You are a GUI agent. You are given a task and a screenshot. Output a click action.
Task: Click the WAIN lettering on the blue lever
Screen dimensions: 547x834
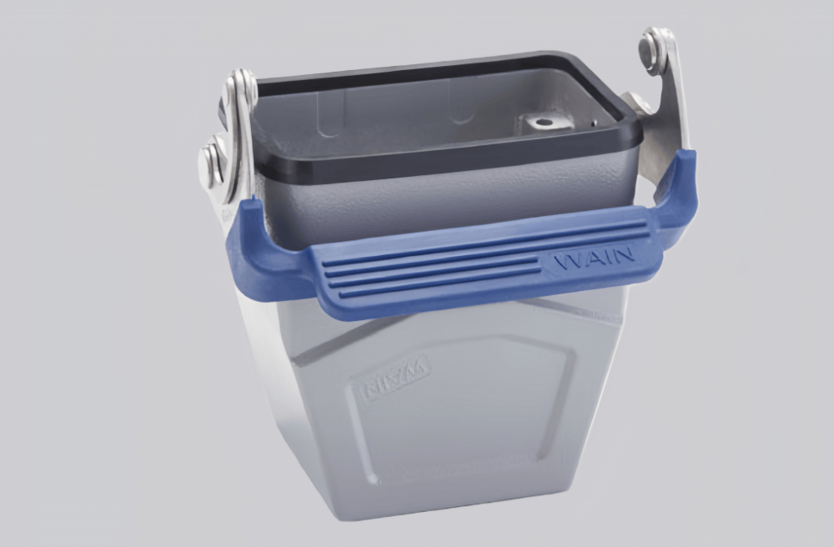coord(595,258)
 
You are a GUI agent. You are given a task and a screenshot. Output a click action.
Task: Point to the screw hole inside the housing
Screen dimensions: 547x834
coord(544,123)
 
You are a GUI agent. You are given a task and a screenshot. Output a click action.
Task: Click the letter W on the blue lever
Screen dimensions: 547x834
coord(567,261)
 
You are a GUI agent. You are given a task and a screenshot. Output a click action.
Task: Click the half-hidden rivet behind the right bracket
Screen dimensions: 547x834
coord(637,102)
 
